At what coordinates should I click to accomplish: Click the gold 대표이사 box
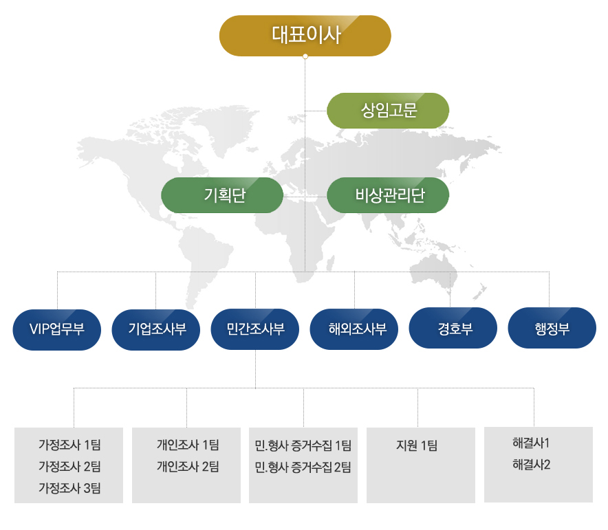305,36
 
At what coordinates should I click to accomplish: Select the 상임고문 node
388,111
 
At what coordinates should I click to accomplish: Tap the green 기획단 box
222,195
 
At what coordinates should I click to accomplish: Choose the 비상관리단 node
388,195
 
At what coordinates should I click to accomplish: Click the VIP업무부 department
57,330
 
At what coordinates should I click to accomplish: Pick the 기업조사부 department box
156,330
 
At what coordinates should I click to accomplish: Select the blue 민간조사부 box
254,329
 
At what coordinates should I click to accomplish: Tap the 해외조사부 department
354,329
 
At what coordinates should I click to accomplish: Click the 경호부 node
453,328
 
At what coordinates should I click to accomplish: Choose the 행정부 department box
552,328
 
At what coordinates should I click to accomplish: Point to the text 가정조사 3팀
69,488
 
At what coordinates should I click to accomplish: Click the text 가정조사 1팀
69,445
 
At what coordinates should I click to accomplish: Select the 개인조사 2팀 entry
188,467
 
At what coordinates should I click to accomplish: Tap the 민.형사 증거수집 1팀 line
303,446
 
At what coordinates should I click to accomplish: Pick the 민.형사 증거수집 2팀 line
303,467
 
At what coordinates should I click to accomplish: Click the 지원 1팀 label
417,445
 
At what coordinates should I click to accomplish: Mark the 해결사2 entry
531,465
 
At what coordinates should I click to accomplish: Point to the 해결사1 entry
531,443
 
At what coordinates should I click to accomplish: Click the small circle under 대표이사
305,56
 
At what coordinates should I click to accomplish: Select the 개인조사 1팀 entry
188,445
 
